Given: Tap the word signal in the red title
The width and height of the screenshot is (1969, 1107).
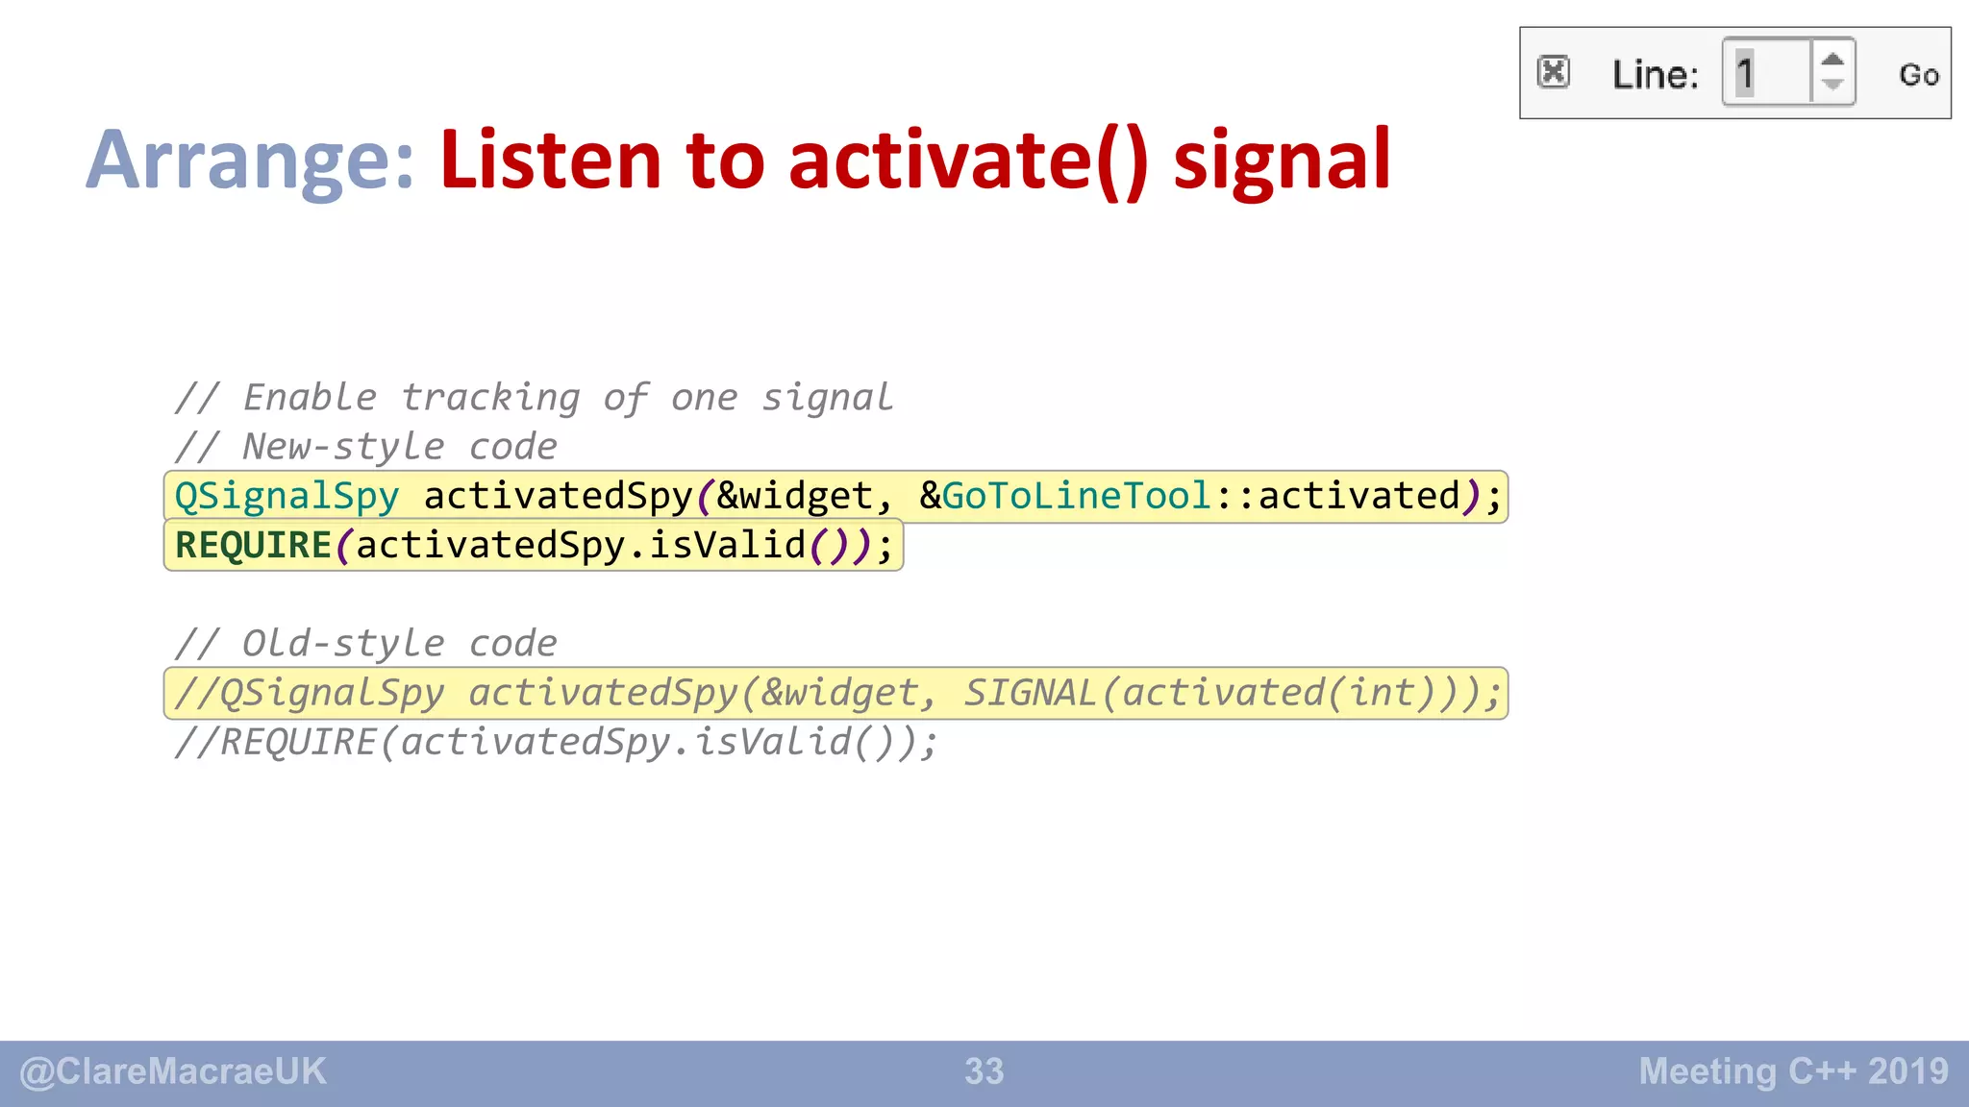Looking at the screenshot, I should coord(1282,161).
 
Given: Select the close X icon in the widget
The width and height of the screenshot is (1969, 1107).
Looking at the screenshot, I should coord(1553,73).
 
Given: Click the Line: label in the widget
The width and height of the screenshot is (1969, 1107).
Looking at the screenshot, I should coord(1655,75).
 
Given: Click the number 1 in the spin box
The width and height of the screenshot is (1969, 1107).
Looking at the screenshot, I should coord(1745,74).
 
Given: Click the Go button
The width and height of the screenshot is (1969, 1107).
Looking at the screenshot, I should coord(1918,75).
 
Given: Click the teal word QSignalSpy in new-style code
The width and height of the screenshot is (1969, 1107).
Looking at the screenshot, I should coord(287,497).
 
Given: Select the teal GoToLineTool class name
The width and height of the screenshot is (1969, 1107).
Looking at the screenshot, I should coord(1076,496).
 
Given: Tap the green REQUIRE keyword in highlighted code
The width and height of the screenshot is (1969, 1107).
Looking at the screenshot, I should coord(253,546).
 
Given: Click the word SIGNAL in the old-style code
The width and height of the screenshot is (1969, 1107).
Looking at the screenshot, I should coord(1030,693).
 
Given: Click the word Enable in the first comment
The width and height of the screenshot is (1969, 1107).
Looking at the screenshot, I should coord(310,398).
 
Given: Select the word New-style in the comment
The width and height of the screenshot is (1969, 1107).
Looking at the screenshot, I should coord(343,447).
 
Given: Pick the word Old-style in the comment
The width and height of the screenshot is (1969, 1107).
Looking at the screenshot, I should coord(343,644).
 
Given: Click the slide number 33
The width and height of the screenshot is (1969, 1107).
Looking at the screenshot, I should coord(984,1071).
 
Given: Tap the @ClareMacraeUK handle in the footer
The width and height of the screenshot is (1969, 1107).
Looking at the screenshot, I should coord(173,1071).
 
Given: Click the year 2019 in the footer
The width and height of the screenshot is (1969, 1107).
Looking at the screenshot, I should coord(1908,1071).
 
